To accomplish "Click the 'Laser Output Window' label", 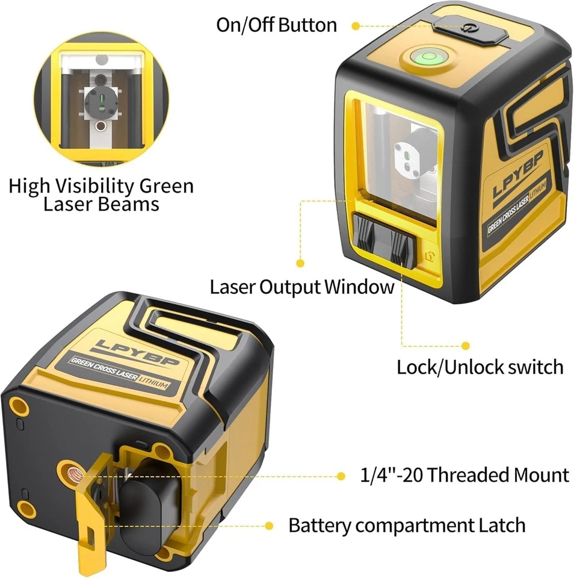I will (x=301, y=287).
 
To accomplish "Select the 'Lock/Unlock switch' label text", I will (x=480, y=367).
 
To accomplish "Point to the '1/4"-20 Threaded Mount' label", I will (x=464, y=475).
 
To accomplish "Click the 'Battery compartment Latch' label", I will (x=407, y=524).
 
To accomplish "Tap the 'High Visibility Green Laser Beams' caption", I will (x=101, y=194).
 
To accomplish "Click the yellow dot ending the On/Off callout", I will (x=355, y=26).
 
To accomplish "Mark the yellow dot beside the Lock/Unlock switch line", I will (x=464, y=346).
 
